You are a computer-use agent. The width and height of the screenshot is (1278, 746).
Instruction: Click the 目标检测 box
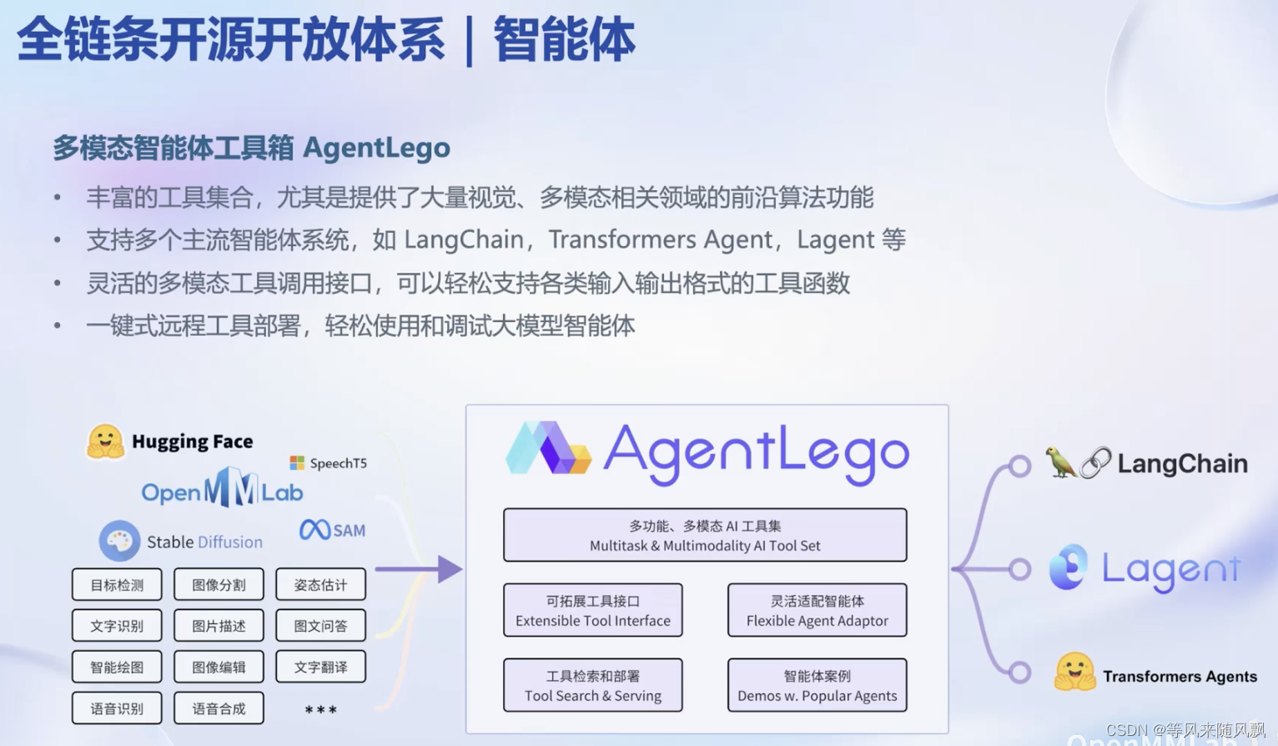[117, 585]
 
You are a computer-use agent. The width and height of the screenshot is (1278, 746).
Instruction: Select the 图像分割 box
[219, 585]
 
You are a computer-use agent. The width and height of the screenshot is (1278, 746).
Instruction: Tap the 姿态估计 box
[320, 585]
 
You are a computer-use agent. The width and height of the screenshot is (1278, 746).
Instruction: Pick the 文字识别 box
[117, 626]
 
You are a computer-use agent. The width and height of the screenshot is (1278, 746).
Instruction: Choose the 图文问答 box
[320, 626]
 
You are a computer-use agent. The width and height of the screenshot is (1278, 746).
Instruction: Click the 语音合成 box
[219, 708]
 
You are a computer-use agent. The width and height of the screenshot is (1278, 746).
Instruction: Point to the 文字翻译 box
[320, 667]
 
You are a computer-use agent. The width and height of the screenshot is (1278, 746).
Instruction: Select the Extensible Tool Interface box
[592, 610]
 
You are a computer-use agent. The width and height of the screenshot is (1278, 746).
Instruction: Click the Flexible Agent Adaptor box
[817, 610]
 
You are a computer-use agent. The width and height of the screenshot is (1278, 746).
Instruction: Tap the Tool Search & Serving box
[592, 685]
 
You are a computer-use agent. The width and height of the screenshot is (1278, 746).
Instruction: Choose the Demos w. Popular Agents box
[817, 685]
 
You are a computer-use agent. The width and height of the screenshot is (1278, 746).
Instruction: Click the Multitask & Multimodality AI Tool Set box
[705, 535]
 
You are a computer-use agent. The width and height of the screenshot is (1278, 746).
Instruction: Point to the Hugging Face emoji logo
[105, 441]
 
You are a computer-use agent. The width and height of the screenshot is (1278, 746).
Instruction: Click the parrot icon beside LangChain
[1059, 461]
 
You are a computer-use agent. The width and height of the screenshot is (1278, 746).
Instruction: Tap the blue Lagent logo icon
[1069, 567]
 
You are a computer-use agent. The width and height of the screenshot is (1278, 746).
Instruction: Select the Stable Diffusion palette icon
[119, 541]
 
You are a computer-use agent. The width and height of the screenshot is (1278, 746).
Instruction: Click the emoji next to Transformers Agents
[1074, 673]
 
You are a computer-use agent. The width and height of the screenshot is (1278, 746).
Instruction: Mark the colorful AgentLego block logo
[548, 449]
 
